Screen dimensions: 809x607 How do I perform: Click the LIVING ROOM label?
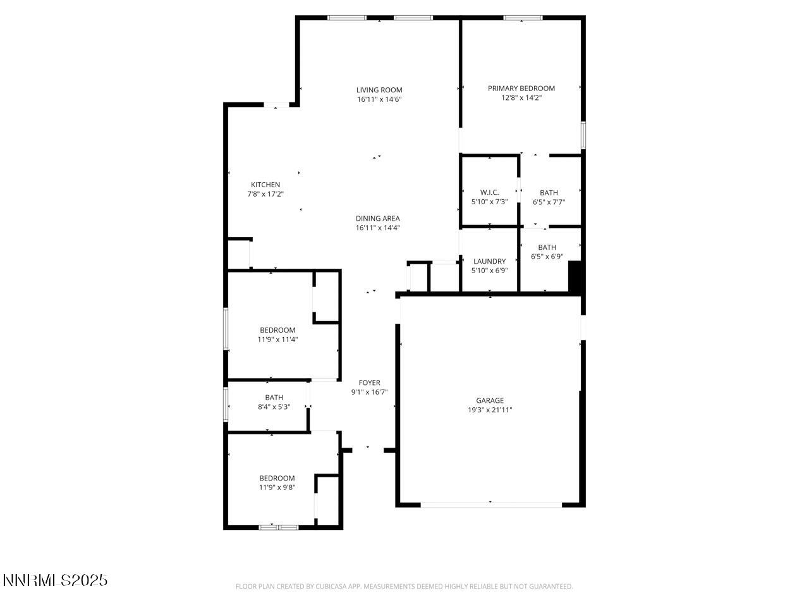click(x=379, y=90)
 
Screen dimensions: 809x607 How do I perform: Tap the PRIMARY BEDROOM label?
click(x=521, y=89)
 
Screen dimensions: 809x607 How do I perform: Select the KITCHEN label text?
click(x=265, y=185)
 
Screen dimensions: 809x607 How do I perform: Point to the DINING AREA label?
click(x=378, y=219)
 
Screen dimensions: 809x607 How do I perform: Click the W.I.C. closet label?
click(x=489, y=192)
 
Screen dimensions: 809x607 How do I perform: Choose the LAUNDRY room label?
click(x=489, y=261)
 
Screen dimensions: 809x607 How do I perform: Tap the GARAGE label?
click(x=490, y=400)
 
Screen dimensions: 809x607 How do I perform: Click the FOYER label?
click(x=369, y=383)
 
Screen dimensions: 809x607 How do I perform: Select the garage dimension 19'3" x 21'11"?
click(x=490, y=410)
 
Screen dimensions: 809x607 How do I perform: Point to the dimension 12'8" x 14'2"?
click(x=521, y=97)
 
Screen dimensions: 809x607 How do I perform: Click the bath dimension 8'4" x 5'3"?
click(x=274, y=407)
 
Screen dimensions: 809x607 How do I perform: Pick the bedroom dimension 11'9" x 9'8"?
click(x=277, y=487)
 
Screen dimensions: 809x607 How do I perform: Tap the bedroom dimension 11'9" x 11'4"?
click(x=277, y=340)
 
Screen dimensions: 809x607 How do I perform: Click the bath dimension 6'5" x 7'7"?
click(x=549, y=202)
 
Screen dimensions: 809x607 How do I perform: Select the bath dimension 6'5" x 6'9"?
click(x=547, y=257)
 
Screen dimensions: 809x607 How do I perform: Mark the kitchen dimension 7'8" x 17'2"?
click(x=265, y=194)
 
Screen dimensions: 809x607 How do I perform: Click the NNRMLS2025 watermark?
click(x=55, y=580)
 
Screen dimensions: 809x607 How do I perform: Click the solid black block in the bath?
click(x=575, y=276)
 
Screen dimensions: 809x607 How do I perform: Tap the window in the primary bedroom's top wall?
click(x=523, y=18)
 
